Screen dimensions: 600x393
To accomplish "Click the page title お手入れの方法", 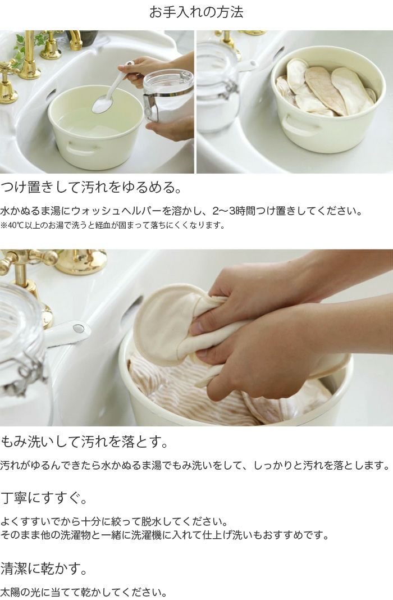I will pos(196,12).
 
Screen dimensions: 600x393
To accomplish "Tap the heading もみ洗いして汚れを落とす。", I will pos(85,441).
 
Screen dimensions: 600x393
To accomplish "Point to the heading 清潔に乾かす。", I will pos(45,569).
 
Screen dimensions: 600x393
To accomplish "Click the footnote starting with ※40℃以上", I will pos(112,226).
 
